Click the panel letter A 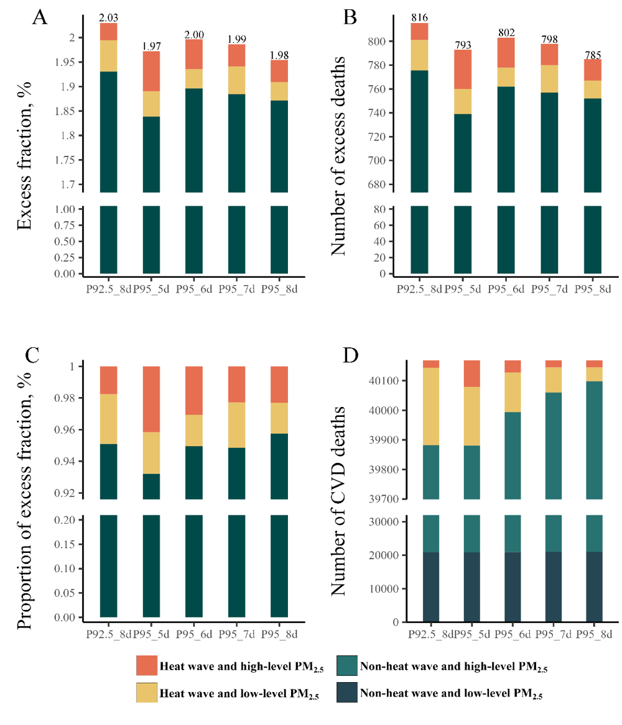pyautogui.click(x=40, y=17)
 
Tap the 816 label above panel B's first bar pyautogui.click(x=419, y=18)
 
